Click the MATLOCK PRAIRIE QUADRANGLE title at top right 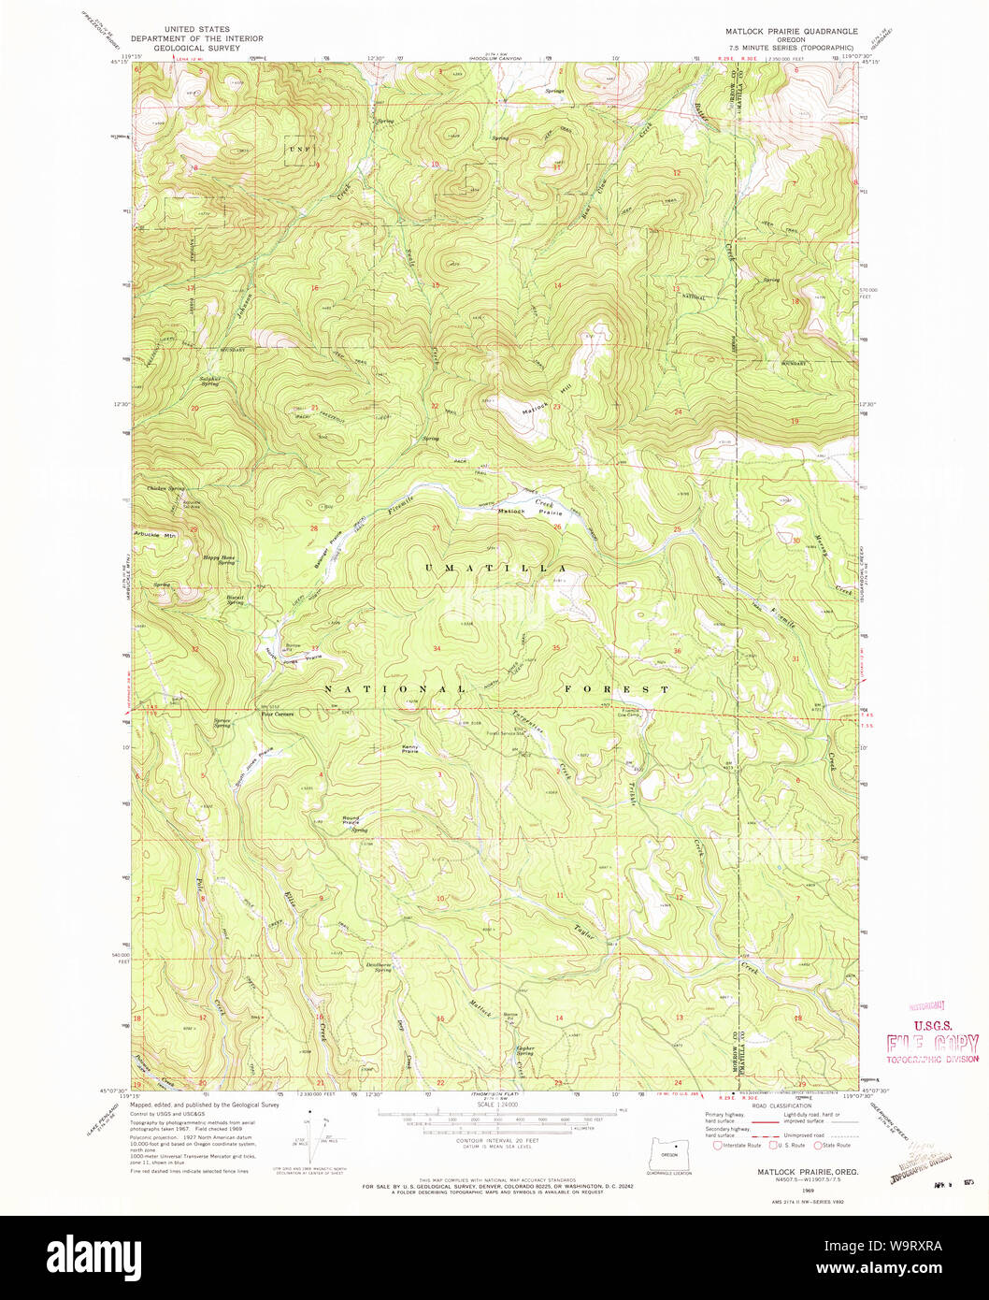click(x=791, y=31)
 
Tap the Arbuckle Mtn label click(x=155, y=535)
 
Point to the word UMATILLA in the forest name click(x=496, y=569)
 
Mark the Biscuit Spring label click(x=235, y=599)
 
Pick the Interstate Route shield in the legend click(x=718, y=1145)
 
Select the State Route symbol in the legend click(x=816, y=1145)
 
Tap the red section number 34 click(x=437, y=648)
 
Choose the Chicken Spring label click(x=165, y=488)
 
